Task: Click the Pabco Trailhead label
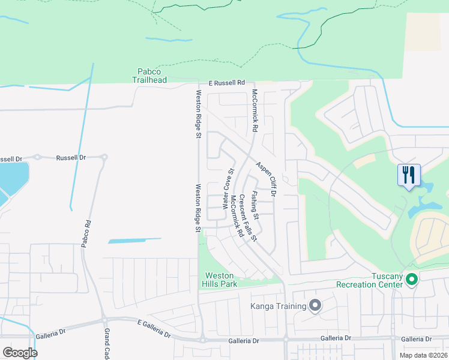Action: coord(149,75)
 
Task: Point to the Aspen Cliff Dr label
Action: coord(265,179)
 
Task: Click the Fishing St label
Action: coord(255,205)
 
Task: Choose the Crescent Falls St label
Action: coord(247,218)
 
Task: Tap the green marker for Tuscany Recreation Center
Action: coord(412,279)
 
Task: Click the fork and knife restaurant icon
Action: coord(409,175)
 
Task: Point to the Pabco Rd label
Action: coord(87,232)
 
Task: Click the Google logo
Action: coord(20,352)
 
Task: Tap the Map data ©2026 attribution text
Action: coord(423,355)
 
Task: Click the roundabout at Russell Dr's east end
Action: coord(104,158)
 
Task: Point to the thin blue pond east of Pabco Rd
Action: coord(134,241)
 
